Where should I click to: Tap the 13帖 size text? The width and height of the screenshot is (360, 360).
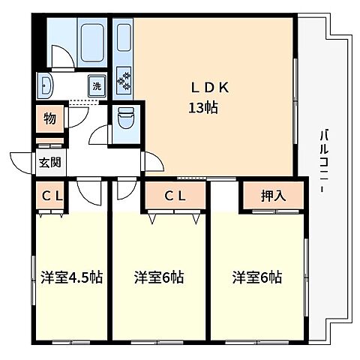(x=202, y=107)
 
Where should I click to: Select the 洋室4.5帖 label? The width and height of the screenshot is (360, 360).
(x=72, y=277)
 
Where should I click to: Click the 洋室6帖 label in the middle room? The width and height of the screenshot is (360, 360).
(x=159, y=277)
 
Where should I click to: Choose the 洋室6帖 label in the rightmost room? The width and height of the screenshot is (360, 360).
(x=256, y=277)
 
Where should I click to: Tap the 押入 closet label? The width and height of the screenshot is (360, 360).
(x=273, y=197)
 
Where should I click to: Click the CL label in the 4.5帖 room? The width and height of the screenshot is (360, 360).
(x=51, y=197)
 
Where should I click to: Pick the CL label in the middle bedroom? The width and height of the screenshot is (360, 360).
(x=175, y=197)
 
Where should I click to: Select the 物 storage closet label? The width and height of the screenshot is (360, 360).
(x=49, y=118)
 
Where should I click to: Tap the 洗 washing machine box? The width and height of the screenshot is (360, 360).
(x=97, y=85)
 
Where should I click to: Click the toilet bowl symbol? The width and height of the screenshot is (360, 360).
(x=124, y=118)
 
